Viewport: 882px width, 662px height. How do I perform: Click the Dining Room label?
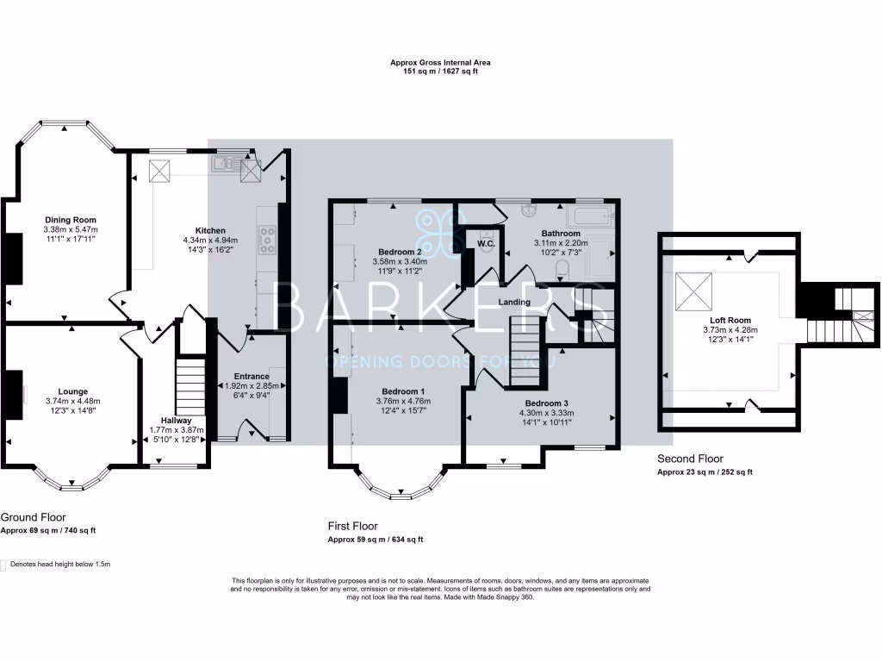point(71,220)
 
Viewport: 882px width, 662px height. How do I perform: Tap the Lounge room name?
point(72,391)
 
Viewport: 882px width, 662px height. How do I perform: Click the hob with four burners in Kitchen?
point(267,239)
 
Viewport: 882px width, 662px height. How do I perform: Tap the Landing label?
point(513,303)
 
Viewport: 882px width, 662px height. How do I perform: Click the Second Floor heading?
point(690,459)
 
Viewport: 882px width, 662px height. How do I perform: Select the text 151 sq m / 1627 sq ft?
point(440,72)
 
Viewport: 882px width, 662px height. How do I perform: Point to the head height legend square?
point(3,565)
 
